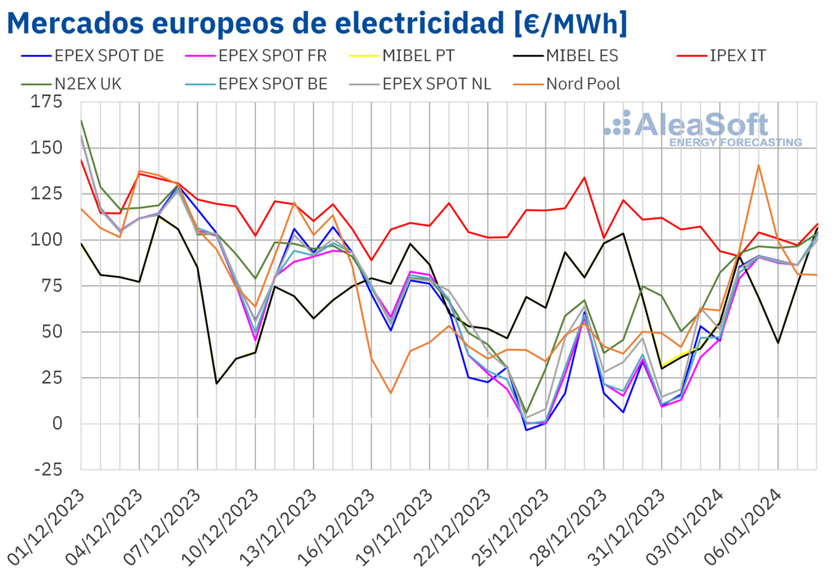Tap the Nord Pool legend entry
coord(582,83)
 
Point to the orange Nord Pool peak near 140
coord(758,165)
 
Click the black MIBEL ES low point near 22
coord(217,383)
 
